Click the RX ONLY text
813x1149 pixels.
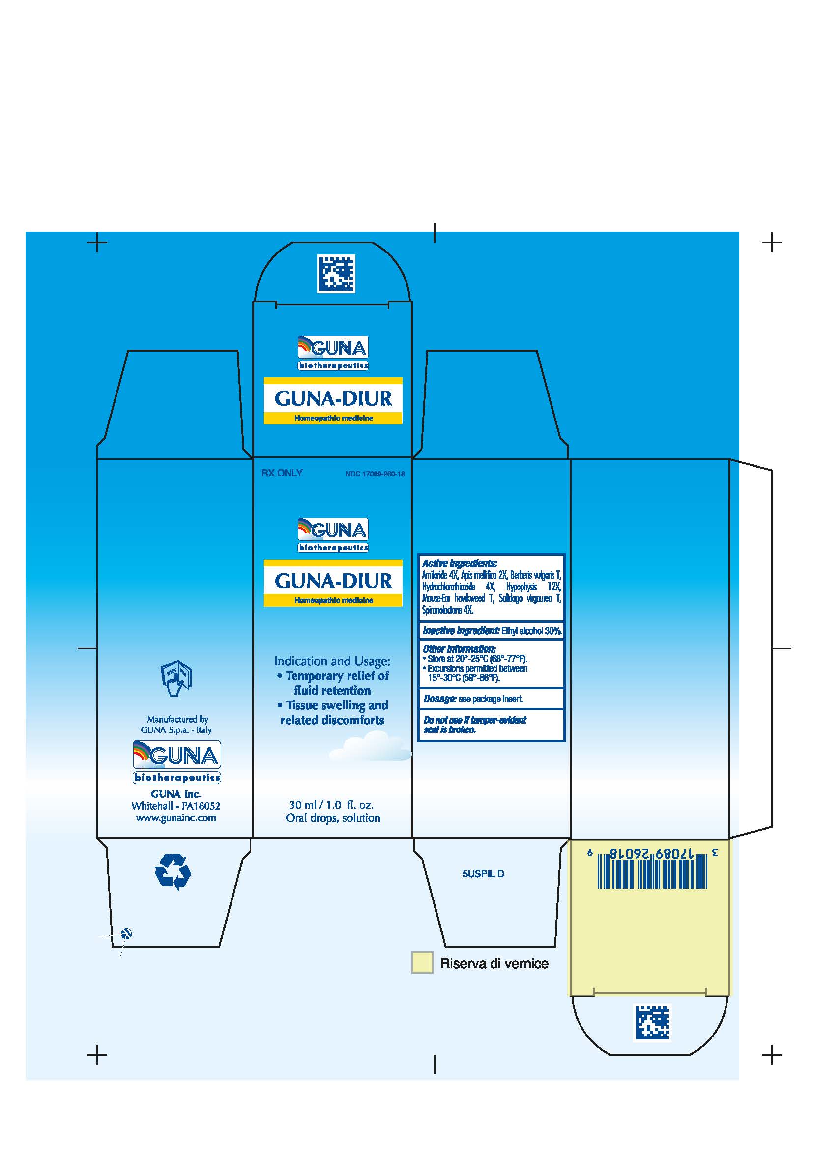click(x=281, y=473)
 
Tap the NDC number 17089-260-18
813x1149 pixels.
click(x=375, y=474)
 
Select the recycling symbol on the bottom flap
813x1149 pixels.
click(x=173, y=871)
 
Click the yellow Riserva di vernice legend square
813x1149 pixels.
click(x=422, y=962)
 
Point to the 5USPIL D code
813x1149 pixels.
click(x=483, y=874)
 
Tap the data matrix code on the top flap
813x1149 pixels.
click(x=336, y=273)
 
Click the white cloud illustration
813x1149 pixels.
click(x=371, y=747)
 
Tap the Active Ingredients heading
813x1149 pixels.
click(x=460, y=563)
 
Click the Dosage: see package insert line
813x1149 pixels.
click(x=473, y=699)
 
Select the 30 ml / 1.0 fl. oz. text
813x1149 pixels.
click(x=331, y=805)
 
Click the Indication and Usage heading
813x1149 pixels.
click(x=332, y=661)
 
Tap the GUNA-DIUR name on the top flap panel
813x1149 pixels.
click(x=333, y=398)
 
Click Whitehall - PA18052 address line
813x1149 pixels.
click(x=175, y=806)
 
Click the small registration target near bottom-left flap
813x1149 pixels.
click(x=127, y=933)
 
